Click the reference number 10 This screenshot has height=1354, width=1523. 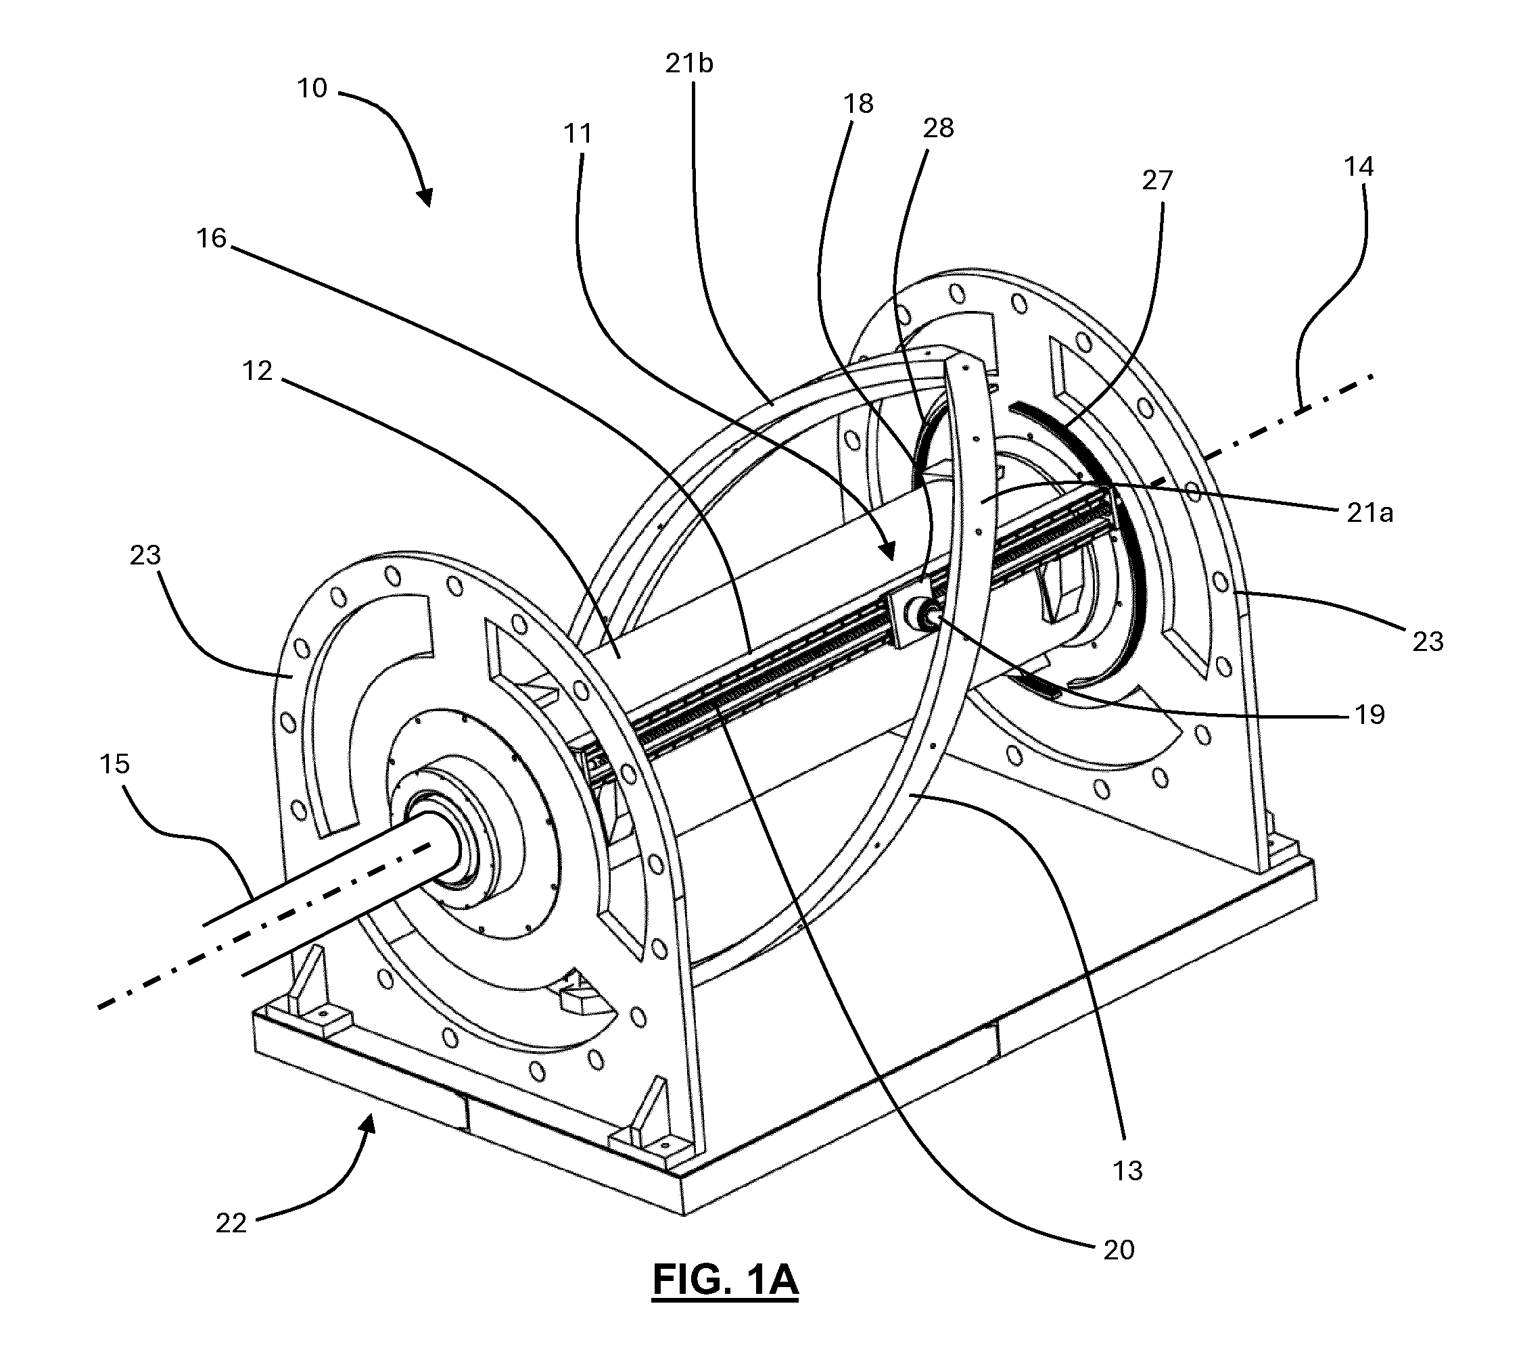coord(312,89)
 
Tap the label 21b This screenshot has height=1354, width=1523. coord(689,64)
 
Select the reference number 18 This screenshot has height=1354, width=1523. coord(858,103)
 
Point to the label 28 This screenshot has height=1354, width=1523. coord(938,128)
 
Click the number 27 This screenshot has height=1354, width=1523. coord(1157,180)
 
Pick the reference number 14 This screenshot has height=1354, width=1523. coord(1359,167)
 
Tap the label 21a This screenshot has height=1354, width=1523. coord(1369,513)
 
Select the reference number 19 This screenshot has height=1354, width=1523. coord(1369,715)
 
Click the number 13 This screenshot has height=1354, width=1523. coord(1127,1171)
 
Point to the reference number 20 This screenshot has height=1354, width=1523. coord(1119,1250)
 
